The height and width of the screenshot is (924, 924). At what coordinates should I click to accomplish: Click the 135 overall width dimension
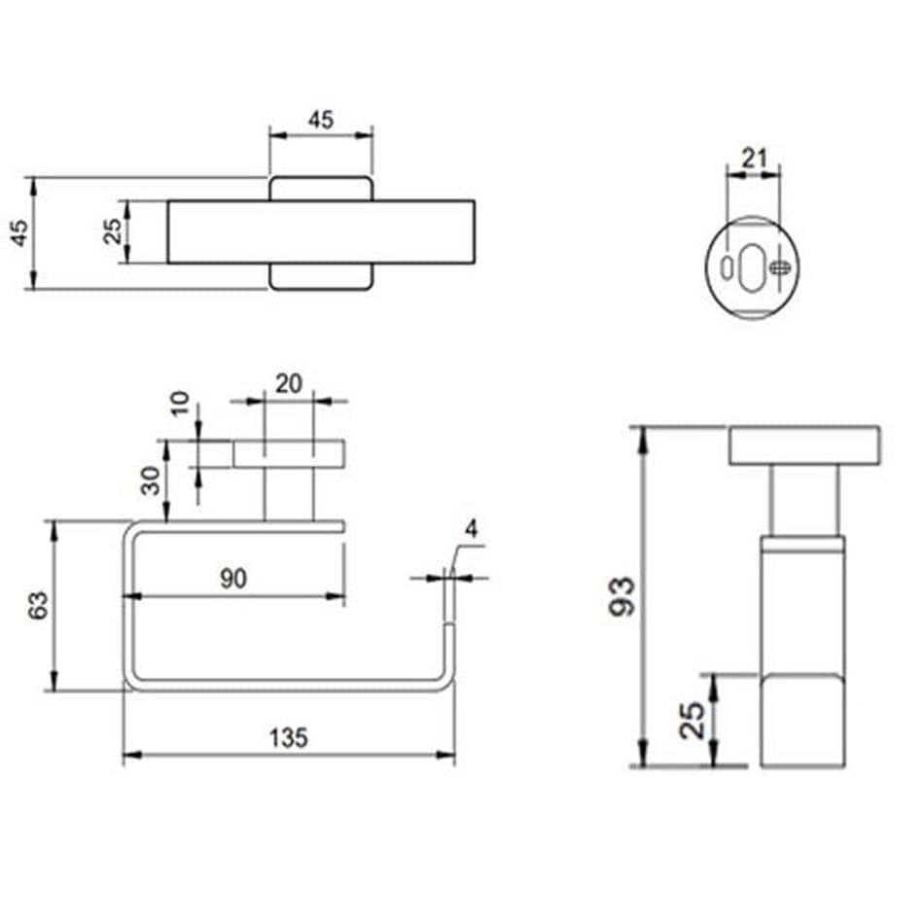(289, 738)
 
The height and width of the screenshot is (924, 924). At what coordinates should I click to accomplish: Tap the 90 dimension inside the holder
(231, 579)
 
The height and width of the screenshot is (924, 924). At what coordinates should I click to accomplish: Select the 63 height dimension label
(38, 606)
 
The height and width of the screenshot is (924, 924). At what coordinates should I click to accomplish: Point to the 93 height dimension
(622, 595)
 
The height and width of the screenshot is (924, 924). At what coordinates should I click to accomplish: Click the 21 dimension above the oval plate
(755, 158)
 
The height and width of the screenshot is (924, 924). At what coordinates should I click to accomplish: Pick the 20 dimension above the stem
(288, 383)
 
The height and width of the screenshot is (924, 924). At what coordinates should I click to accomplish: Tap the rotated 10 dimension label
(179, 403)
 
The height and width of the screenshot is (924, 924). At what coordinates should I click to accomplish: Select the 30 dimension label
(152, 480)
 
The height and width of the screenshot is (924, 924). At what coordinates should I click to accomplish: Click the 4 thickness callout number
(472, 530)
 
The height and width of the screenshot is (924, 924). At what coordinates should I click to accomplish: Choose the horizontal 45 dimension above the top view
(320, 120)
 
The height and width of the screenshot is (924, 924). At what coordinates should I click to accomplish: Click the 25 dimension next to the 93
(693, 720)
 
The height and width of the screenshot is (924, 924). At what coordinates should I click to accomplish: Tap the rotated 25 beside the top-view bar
(114, 231)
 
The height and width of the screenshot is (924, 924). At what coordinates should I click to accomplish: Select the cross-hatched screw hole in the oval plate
(778, 267)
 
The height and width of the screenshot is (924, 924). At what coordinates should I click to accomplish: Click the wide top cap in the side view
(804, 444)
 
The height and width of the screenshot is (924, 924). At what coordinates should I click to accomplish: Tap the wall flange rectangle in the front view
(289, 453)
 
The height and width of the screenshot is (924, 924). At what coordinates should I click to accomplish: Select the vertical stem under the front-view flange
(289, 493)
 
